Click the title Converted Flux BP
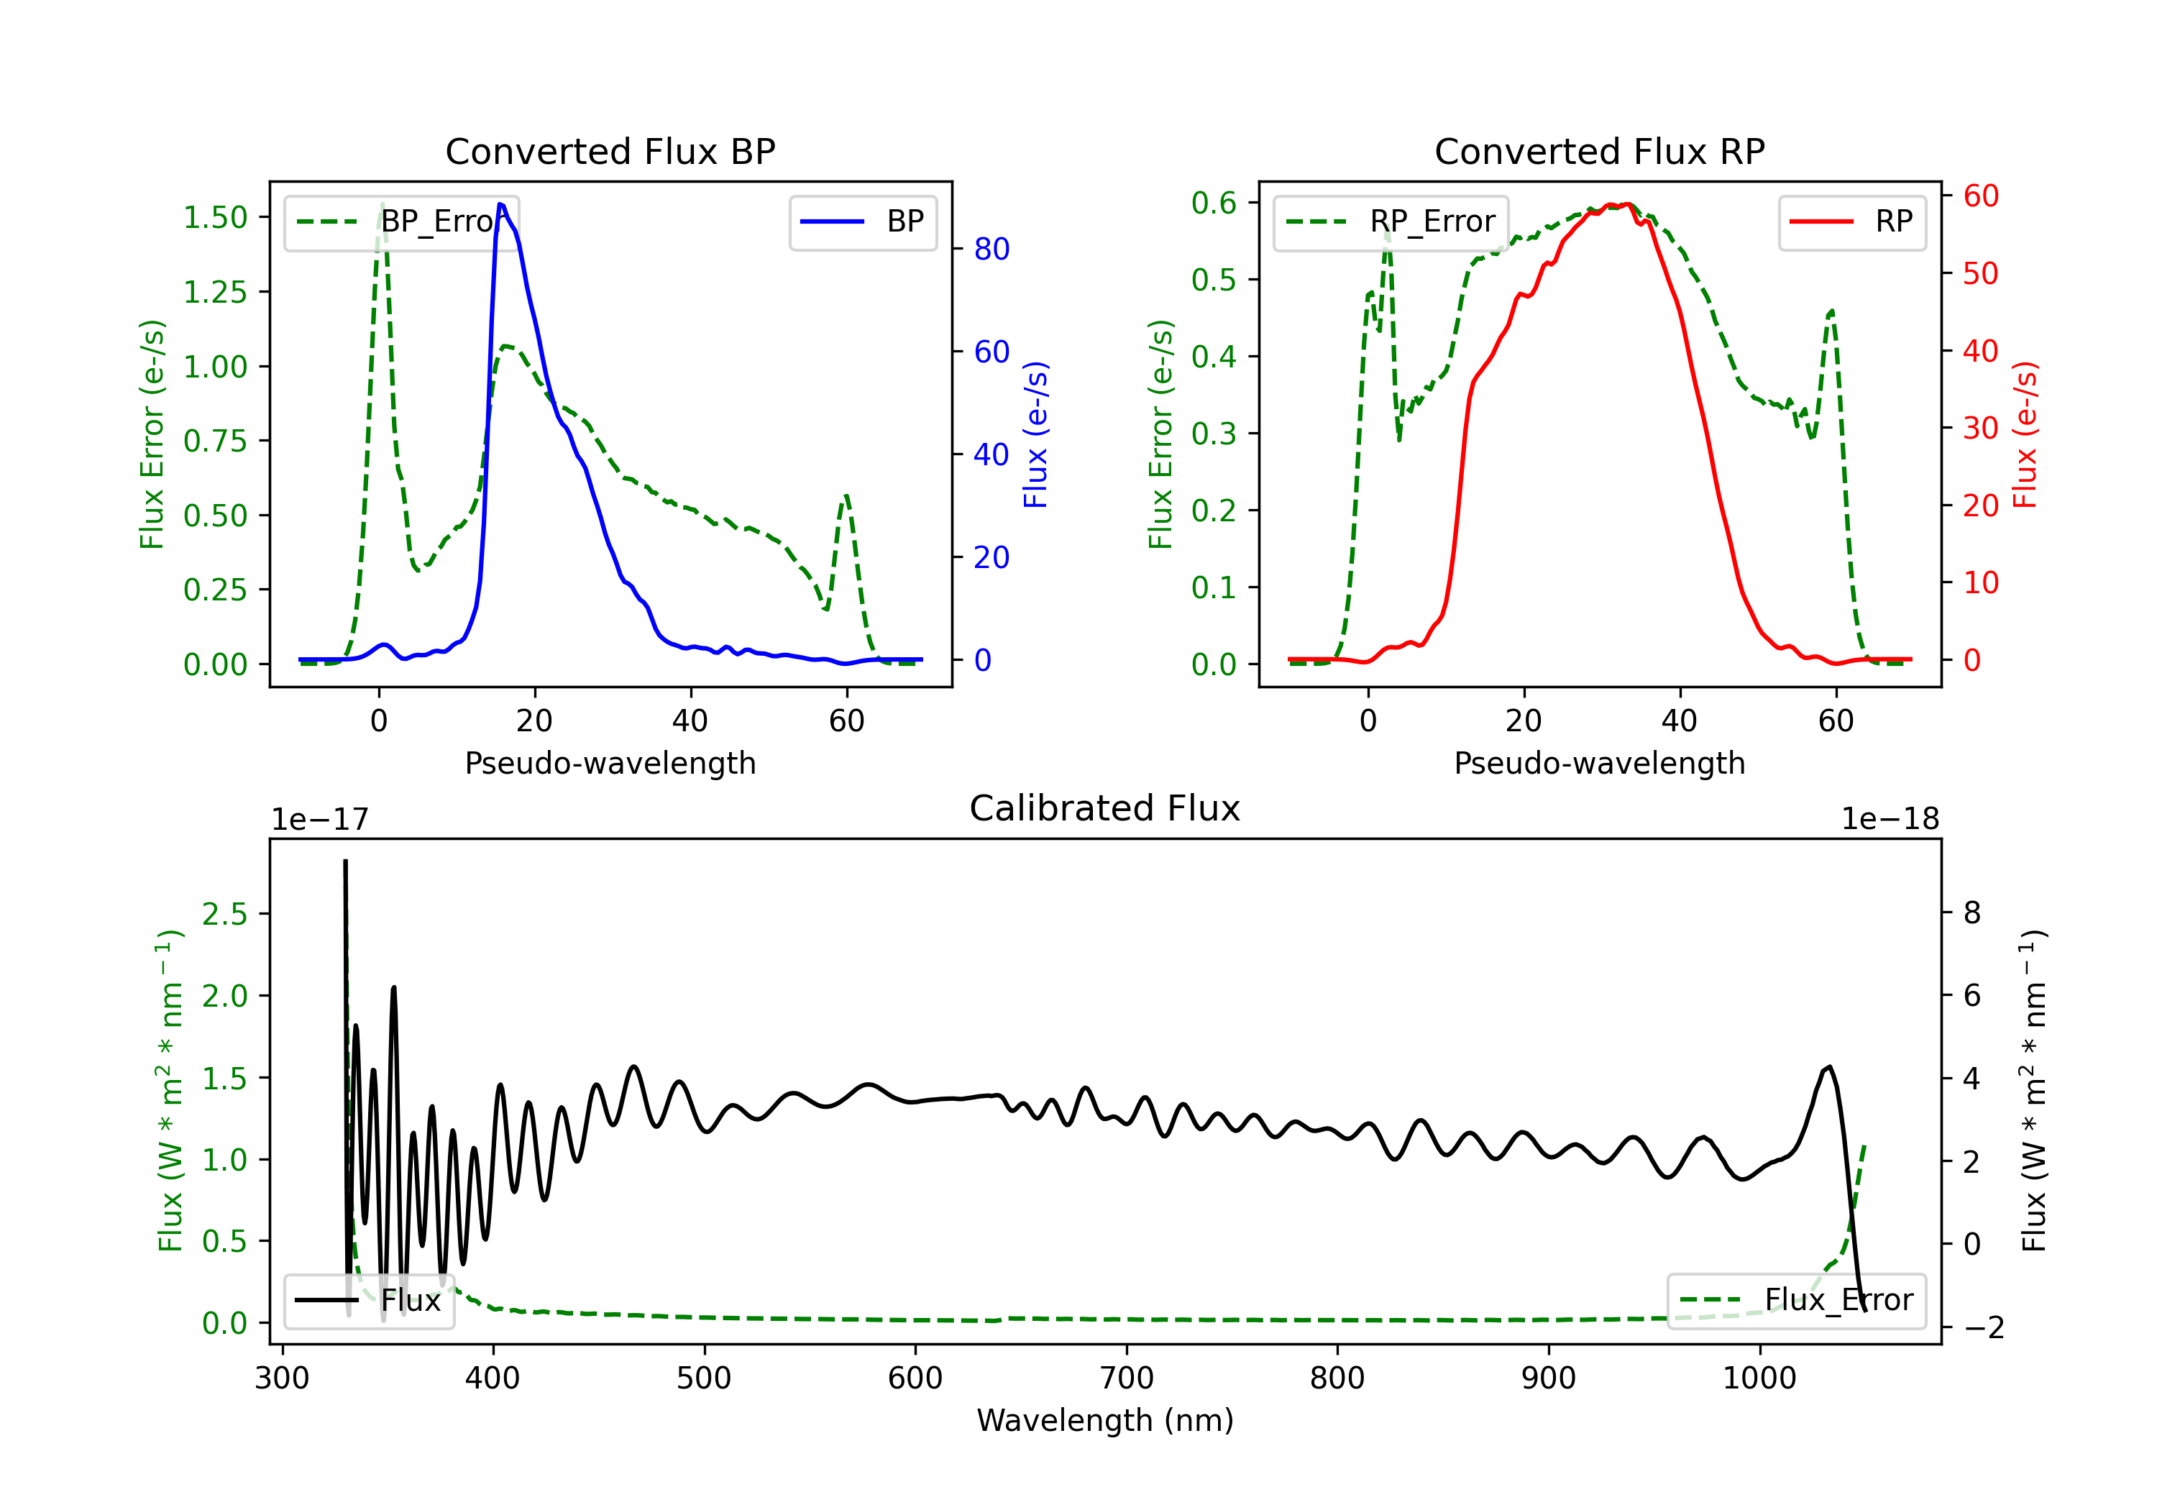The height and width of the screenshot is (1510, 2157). tap(610, 151)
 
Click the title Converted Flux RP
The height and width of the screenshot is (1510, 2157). tap(1599, 151)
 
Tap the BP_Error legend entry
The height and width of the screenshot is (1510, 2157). tap(401, 221)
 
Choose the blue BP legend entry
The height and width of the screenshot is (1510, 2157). tap(862, 221)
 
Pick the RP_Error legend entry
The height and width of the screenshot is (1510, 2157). tap(1391, 221)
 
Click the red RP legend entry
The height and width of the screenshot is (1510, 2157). tap(1851, 221)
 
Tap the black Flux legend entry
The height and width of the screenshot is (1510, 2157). tap(368, 1301)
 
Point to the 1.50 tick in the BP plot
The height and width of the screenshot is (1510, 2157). tap(215, 217)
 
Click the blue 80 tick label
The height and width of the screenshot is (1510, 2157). tap(991, 249)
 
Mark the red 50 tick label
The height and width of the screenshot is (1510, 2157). tap(1980, 273)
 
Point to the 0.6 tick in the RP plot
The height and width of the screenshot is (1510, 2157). tap(1214, 202)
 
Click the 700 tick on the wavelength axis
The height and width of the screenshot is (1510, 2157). tap(1127, 1378)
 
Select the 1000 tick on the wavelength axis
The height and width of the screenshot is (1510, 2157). tap(1759, 1378)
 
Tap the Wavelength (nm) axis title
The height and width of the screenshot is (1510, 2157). tap(1105, 1420)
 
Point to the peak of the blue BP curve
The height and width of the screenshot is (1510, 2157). tap(500, 204)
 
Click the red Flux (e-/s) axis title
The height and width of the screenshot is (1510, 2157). tap(2025, 435)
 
